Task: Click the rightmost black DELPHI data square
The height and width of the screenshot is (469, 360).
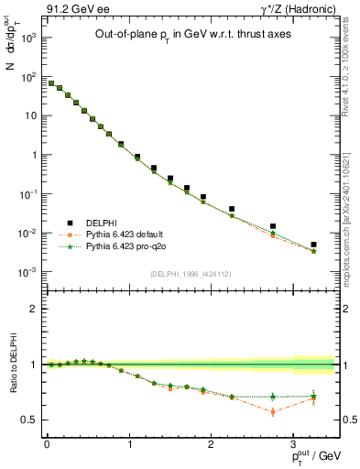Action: (313, 245)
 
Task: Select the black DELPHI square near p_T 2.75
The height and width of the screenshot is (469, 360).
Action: (273, 226)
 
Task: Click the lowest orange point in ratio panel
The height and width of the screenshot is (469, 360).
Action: (273, 412)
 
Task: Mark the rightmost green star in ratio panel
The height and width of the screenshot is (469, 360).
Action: (313, 396)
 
